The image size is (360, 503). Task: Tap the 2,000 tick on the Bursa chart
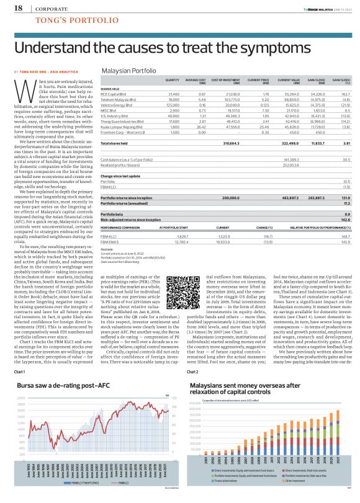click(21, 398)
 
